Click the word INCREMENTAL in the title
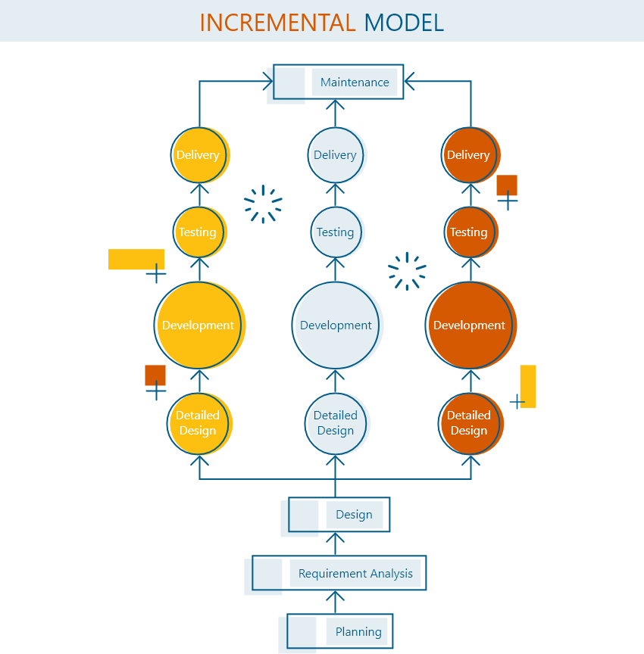(x=277, y=22)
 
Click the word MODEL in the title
(x=404, y=22)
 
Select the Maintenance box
(x=354, y=82)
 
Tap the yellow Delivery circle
(x=199, y=155)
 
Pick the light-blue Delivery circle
(x=336, y=155)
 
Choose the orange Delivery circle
(x=469, y=155)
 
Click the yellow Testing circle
(x=199, y=232)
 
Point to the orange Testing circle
(x=469, y=232)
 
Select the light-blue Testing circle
(x=336, y=232)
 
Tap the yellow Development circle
(x=199, y=325)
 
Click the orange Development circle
(x=470, y=325)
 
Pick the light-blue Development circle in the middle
(x=336, y=325)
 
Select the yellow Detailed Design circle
(x=199, y=423)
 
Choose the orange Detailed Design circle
(x=470, y=423)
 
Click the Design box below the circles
(x=354, y=515)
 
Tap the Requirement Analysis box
(x=355, y=573)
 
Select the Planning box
(x=358, y=631)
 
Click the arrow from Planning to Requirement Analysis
(x=336, y=603)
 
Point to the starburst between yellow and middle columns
(x=263, y=204)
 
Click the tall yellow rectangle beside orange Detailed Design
(x=529, y=386)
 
